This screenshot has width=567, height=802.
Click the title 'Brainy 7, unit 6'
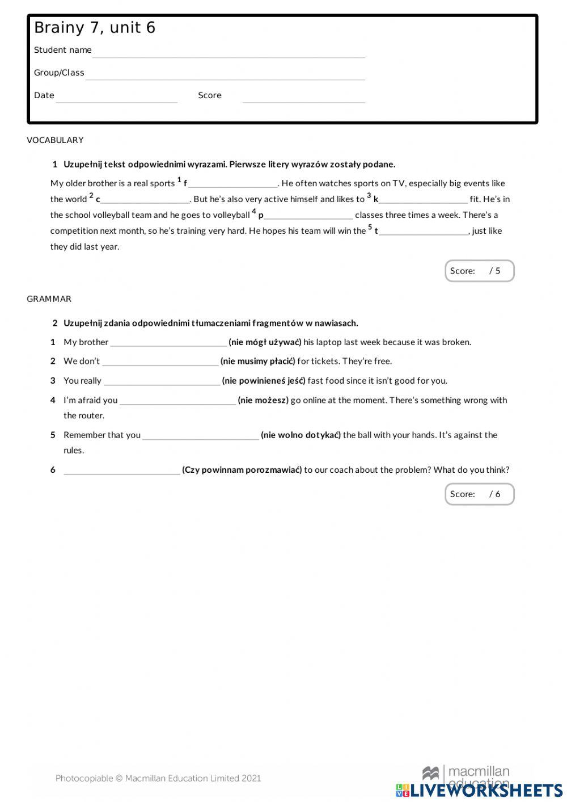click(x=95, y=28)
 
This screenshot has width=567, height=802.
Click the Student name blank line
click(x=229, y=52)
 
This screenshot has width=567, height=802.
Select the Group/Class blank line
click(x=225, y=75)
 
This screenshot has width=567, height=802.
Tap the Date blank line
click(x=117, y=98)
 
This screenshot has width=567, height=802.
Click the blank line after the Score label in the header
click(x=303, y=98)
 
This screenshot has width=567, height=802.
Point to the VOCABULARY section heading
click(x=55, y=140)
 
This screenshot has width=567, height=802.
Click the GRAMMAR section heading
click(x=49, y=299)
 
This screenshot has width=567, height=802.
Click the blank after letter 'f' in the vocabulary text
click(x=232, y=184)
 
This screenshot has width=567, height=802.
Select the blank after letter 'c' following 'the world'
click(x=145, y=200)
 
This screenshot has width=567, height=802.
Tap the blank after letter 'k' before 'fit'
click(x=423, y=200)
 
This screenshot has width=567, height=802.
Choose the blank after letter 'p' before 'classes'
click(x=308, y=216)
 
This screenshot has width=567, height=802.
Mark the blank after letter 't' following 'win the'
click(x=424, y=232)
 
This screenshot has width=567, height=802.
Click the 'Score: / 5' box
click(x=479, y=271)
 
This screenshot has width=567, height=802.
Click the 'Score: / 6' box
click(x=479, y=494)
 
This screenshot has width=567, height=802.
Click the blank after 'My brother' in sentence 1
click(x=168, y=343)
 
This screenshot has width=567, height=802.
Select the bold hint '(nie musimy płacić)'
click(x=258, y=361)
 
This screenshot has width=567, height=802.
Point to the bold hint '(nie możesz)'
click(x=263, y=400)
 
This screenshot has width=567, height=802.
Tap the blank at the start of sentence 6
click(x=121, y=471)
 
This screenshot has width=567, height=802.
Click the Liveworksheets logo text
click(x=485, y=790)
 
